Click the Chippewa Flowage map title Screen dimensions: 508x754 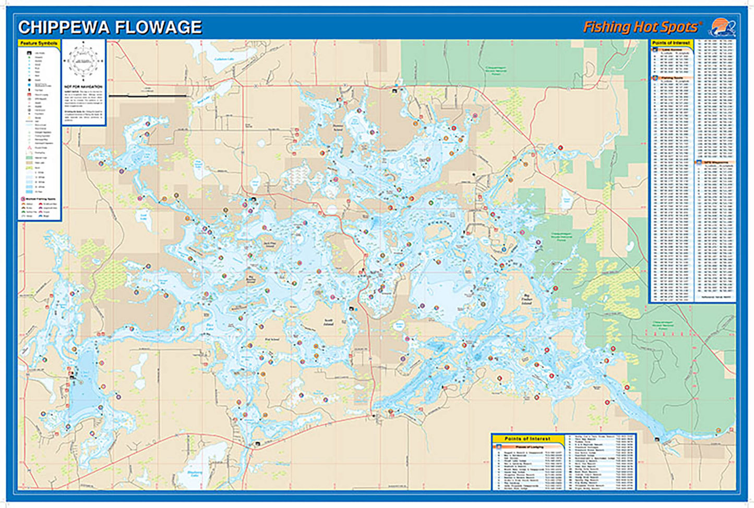click(x=110, y=27)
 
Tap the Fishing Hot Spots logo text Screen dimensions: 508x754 click(x=641, y=27)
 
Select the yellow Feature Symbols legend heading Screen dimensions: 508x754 click(x=39, y=43)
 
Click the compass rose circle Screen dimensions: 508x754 click(x=83, y=61)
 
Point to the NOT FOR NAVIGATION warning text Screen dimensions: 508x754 click(x=83, y=87)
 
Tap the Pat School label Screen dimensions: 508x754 click(x=272, y=340)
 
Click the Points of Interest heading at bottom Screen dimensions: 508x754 click(x=528, y=439)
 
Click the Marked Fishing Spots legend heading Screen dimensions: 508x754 click(x=40, y=199)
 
